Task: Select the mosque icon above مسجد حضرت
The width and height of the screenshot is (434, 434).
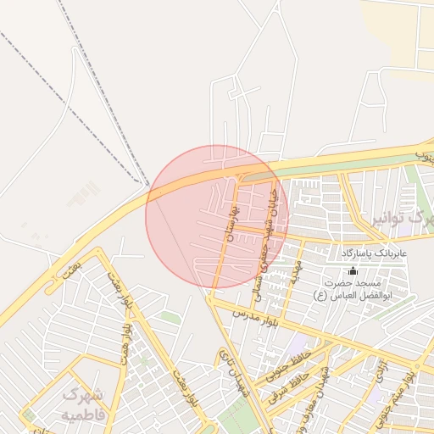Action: (330, 272)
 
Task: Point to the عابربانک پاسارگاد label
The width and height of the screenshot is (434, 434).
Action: (375, 253)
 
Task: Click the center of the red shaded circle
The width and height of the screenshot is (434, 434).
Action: (217, 217)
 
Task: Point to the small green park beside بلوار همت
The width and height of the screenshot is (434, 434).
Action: (170, 317)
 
